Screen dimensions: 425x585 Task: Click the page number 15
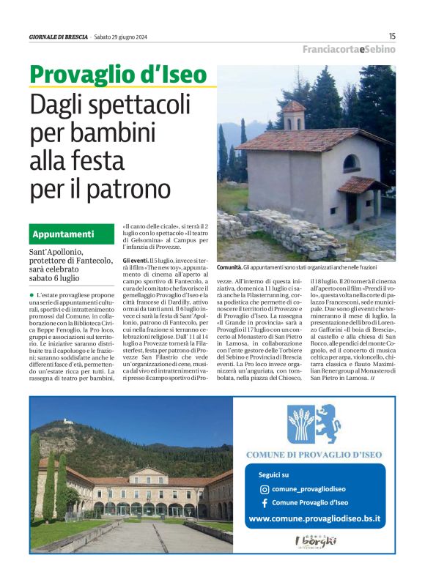(392, 35)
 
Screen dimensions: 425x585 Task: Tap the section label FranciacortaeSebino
(349, 49)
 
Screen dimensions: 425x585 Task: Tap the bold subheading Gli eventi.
(135, 260)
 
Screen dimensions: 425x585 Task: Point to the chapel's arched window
(351, 163)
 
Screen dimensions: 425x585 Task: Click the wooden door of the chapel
(352, 207)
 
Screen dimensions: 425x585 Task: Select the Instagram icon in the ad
(265, 489)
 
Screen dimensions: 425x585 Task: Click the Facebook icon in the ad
(265, 502)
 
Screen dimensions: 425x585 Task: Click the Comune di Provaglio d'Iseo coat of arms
(314, 424)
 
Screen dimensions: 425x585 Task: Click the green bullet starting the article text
(32, 294)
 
